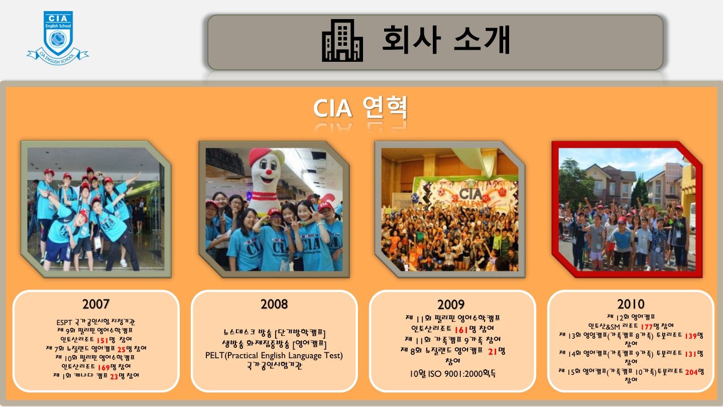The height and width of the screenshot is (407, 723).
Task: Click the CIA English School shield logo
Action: (58, 38)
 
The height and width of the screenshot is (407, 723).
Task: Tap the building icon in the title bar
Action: (342, 40)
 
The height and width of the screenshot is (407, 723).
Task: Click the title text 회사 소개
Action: (446, 40)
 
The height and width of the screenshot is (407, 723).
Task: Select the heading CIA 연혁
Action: (360, 108)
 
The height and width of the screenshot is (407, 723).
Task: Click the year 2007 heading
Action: (96, 304)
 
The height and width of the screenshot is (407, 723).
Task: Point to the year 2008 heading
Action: (274, 304)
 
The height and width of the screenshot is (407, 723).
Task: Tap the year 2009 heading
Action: (451, 304)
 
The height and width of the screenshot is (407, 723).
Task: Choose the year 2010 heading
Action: (631, 304)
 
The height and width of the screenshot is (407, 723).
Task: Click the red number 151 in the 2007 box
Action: (102, 340)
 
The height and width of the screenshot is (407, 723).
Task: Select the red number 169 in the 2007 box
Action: (104, 368)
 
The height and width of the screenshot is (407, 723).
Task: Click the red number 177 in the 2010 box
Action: (647, 327)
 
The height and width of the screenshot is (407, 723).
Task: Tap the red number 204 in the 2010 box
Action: (691, 372)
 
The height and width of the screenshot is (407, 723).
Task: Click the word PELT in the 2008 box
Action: (215, 356)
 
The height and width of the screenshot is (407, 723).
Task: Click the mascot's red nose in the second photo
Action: (268, 172)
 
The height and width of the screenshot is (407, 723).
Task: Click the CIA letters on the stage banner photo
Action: (470, 194)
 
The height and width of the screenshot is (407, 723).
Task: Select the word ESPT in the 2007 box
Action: (64, 323)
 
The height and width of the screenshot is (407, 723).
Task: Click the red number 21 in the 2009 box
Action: (492, 352)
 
